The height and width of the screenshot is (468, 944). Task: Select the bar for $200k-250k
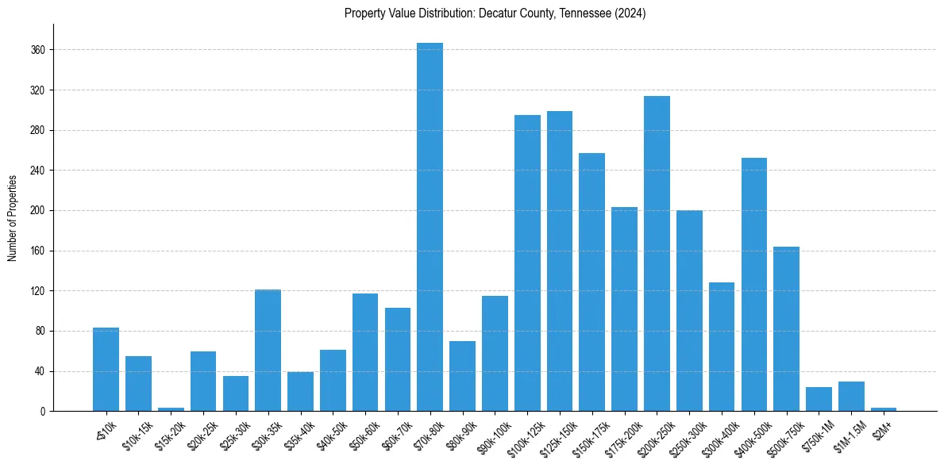(x=657, y=254)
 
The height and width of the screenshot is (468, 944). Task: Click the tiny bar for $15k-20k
(x=171, y=409)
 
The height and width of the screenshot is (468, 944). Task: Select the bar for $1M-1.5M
(x=851, y=397)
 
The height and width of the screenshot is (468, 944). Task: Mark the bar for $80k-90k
(x=462, y=376)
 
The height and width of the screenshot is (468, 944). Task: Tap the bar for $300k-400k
(x=722, y=347)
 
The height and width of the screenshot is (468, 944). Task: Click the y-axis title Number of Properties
(x=13, y=217)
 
